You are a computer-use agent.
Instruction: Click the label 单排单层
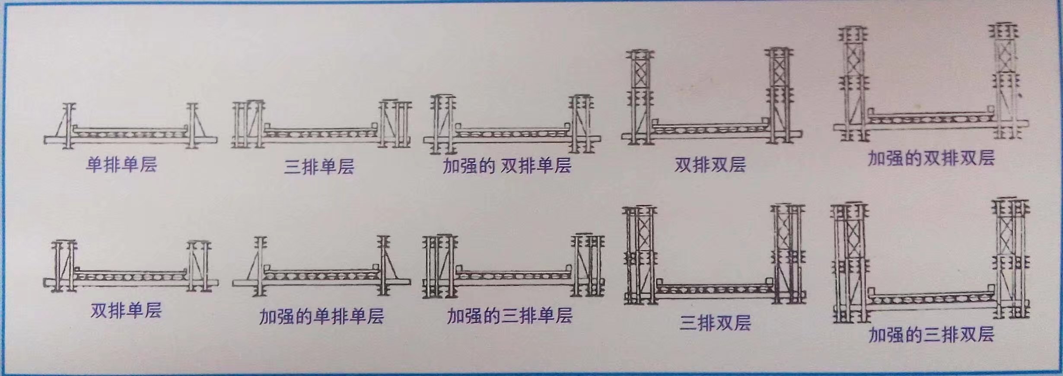coord(121,165)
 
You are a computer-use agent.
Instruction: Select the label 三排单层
coord(319,166)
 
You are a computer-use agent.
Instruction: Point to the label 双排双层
coord(710,165)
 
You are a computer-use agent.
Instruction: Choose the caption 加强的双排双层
coord(931,159)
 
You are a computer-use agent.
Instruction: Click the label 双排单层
coord(126,310)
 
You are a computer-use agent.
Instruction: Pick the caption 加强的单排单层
coord(321,317)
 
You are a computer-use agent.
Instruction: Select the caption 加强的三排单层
coord(509,316)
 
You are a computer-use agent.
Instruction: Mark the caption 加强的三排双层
coord(931,335)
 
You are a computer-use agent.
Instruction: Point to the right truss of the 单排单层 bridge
coord(194,126)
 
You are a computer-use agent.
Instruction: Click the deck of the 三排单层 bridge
coord(320,132)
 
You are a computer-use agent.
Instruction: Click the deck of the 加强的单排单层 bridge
coord(322,275)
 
